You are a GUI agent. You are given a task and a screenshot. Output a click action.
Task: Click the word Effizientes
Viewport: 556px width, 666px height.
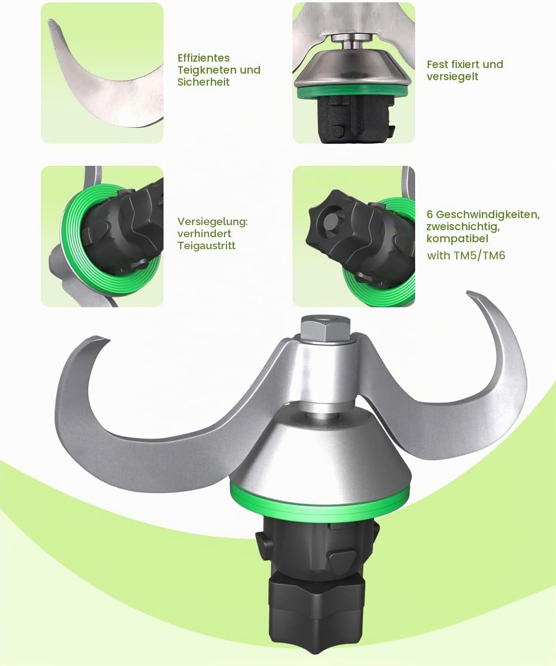click(203, 58)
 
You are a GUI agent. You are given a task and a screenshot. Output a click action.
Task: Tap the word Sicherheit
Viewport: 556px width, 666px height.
click(203, 82)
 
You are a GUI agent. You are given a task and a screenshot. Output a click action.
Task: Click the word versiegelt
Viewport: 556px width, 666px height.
click(452, 77)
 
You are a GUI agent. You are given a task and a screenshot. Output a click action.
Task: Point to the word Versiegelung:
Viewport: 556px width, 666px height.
click(213, 222)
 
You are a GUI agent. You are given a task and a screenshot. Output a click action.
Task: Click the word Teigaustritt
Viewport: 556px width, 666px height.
click(206, 245)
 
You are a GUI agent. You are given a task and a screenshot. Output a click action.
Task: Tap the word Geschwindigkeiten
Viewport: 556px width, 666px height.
click(488, 214)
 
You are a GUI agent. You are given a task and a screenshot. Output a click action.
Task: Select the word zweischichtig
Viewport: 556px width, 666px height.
click(463, 227)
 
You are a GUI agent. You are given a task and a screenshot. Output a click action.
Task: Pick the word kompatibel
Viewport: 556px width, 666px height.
click(457, 239)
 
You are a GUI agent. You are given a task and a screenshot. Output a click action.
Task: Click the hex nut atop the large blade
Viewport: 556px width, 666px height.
click(325, 327)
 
